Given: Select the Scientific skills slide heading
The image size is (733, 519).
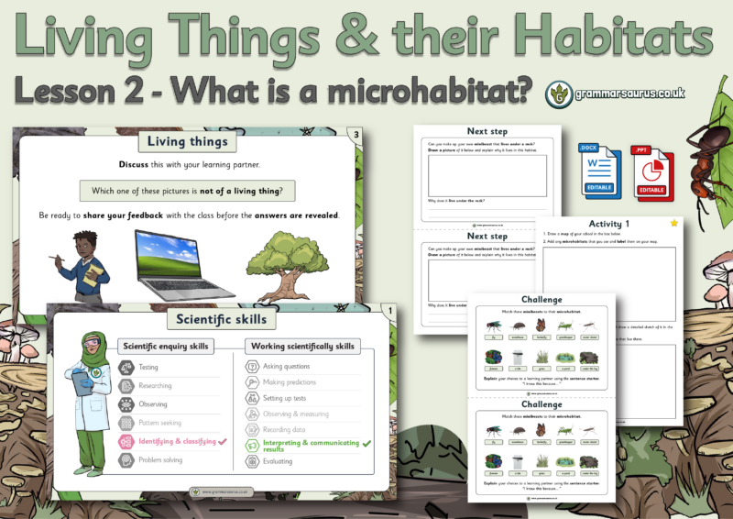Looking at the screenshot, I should point(219,319).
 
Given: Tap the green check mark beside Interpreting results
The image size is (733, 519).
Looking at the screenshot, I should point(367,444).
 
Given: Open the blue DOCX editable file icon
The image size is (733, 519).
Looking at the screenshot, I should point(599,171).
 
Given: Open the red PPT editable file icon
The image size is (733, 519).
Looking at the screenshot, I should point(651,171).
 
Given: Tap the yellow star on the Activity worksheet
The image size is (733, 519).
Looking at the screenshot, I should point(674,223).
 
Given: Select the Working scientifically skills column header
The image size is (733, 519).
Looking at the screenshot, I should point(302,346).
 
